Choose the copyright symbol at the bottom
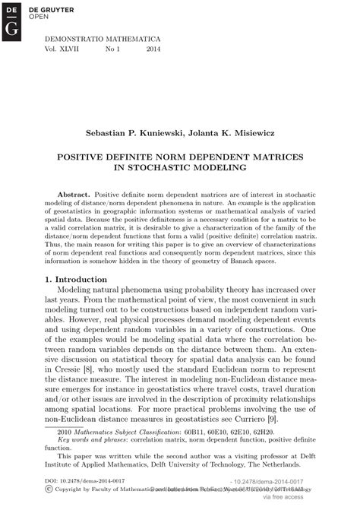49,491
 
